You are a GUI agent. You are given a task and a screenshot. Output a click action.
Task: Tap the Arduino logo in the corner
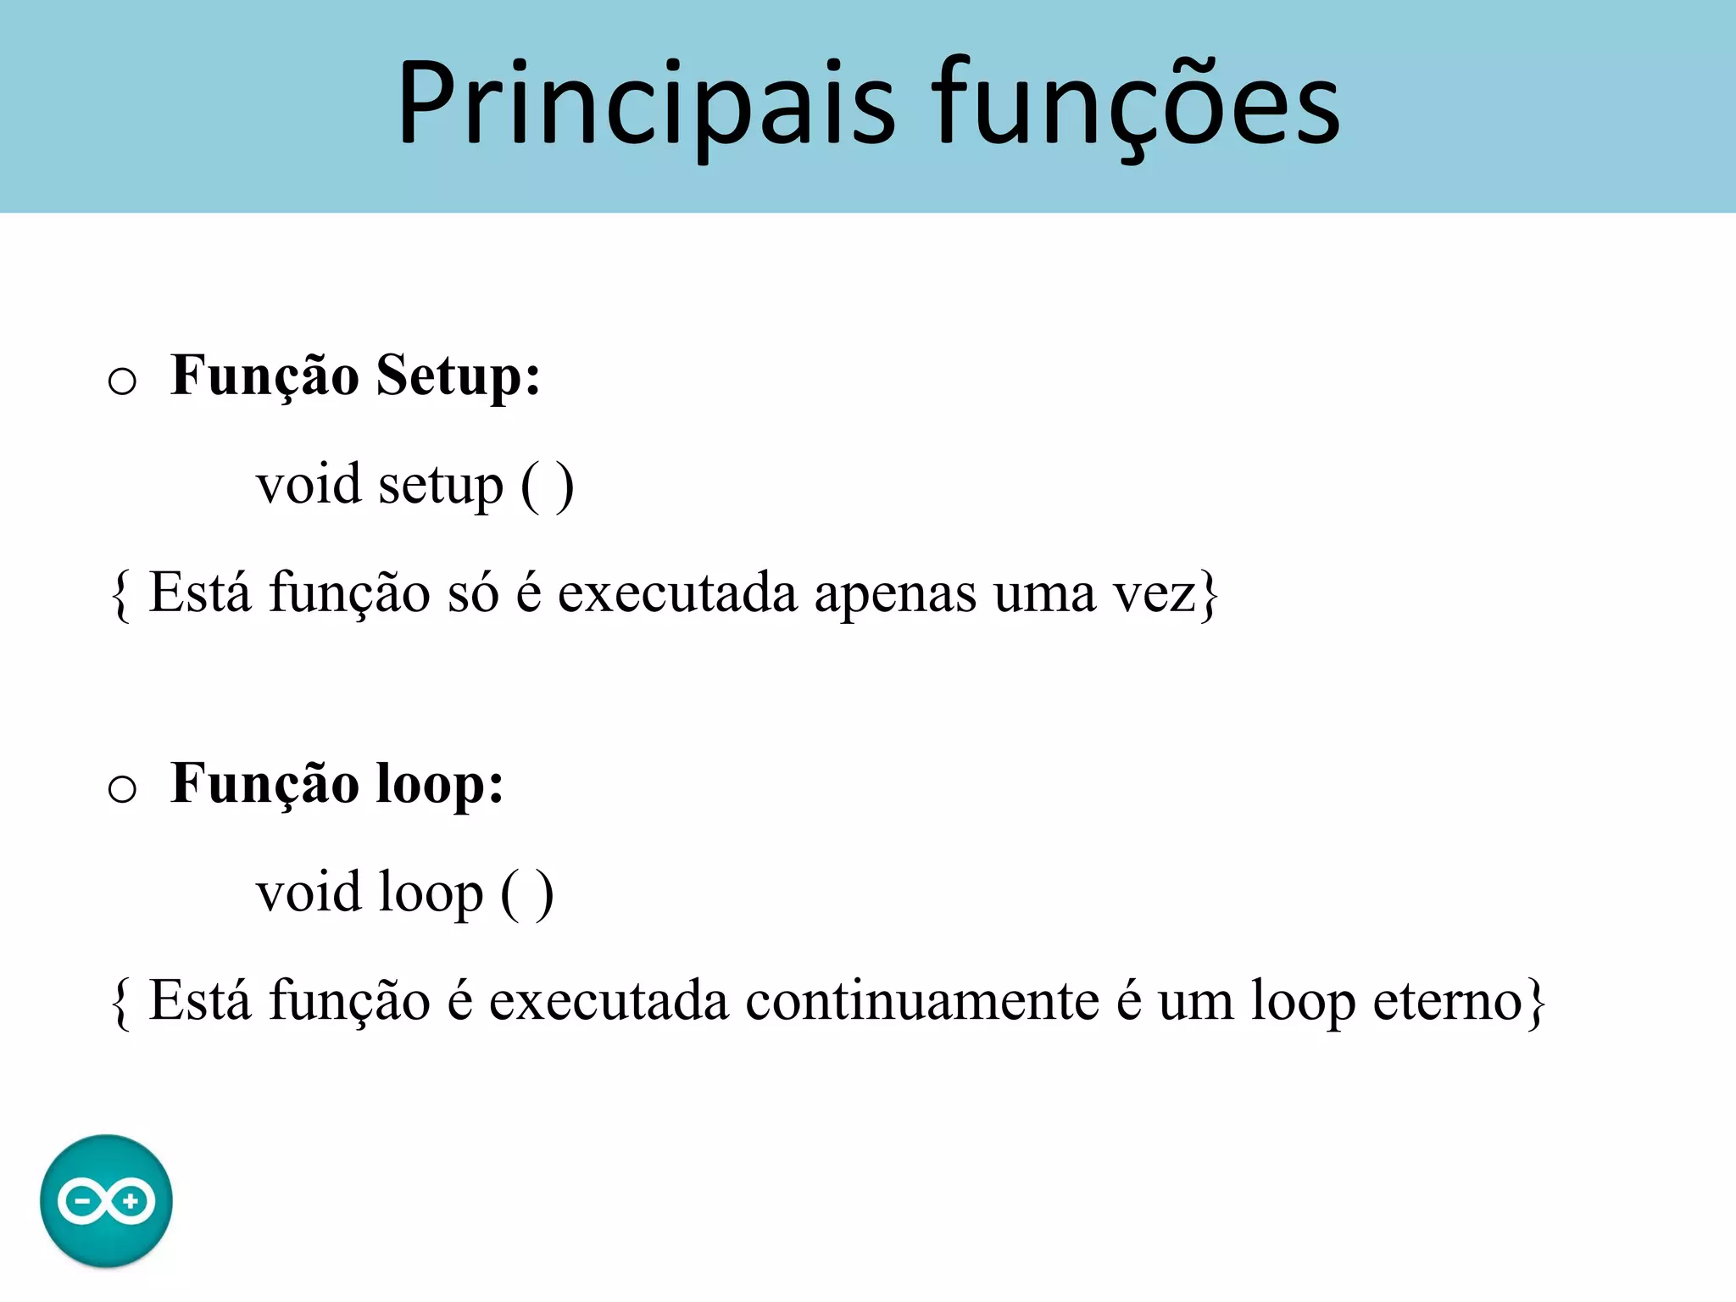click(106, 1200)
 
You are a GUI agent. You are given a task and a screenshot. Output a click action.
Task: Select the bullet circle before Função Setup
click(122, 381)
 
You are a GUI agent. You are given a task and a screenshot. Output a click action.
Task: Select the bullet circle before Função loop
click(122, 788)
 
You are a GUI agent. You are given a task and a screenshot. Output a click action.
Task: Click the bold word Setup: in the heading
click(458, 376)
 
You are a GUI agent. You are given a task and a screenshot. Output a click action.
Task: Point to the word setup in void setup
click(440, 486)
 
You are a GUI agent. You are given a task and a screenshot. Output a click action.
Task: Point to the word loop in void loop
click(430, 893)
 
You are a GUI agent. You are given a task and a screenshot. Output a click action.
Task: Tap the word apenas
click(895, 593)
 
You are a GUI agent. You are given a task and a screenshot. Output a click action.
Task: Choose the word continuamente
click(922, 1001)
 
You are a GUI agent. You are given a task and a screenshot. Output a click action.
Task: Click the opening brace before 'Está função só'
click(121, 595)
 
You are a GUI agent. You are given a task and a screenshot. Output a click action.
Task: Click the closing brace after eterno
click(1535, 1003)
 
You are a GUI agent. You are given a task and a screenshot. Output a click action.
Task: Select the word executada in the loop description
click(609, 1001)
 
